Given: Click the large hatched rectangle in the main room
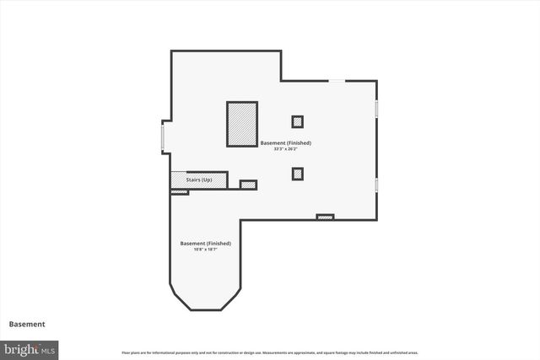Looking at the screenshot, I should pyautogui.click(x=241, y=125).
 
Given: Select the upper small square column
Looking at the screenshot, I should pyautogui.click(x=297, y=121).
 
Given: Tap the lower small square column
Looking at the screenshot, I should pyautogui.click(x=297, y=174).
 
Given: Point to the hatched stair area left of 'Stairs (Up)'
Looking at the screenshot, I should pyautogui.click(x=178, y=180).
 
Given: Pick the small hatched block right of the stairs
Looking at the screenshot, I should pyautogui.click(x=248, y=185).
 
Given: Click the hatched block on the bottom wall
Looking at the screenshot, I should pyautogui.click(x=325, y=218).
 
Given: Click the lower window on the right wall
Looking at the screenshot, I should pyautogui.click(x=376, y=184).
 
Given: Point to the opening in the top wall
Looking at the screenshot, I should pyautogui.click(x=337, y=81).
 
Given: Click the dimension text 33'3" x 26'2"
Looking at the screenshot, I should pyautogui.click(x=286, y=149).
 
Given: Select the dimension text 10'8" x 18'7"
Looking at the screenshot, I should pyautogui.click(x=205, y=250).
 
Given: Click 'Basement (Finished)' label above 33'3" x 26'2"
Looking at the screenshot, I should pyautogui.click(x=286, y=142).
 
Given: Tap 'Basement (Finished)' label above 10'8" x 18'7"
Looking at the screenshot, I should pyautogui.click(x=205, y=243).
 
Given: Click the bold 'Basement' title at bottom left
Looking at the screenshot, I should pyautogui.click(x=27, y=324).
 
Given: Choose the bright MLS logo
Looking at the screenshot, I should pyautogui.click(x=30, y=348).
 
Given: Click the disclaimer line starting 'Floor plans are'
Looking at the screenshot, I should pyautogui.click(x=269, y=352).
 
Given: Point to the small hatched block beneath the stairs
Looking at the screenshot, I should pyautogui.click(x=179, y=192).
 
